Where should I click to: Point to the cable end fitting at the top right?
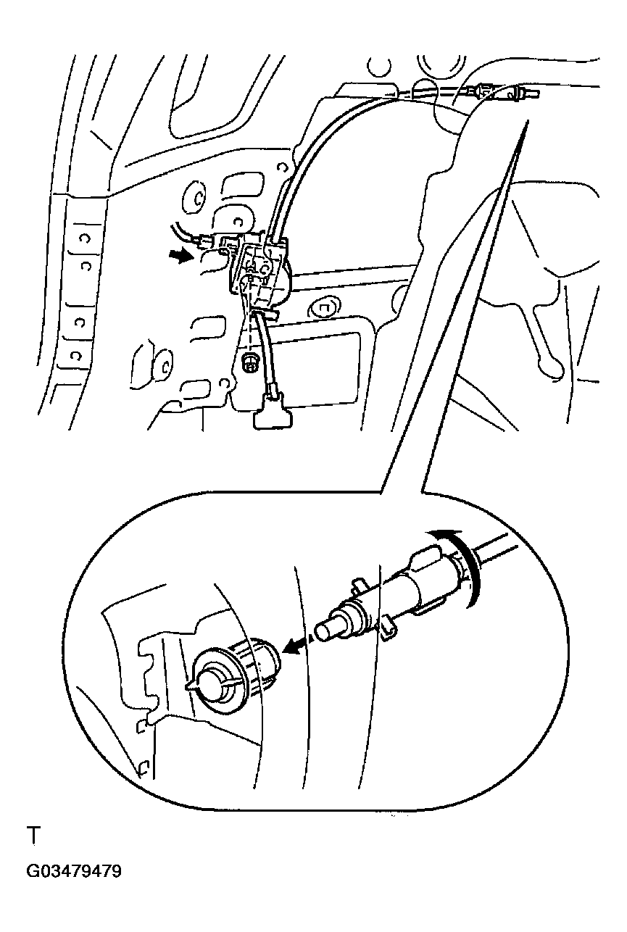504,91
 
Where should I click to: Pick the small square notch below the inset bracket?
141,725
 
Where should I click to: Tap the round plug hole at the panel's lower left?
165,365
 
